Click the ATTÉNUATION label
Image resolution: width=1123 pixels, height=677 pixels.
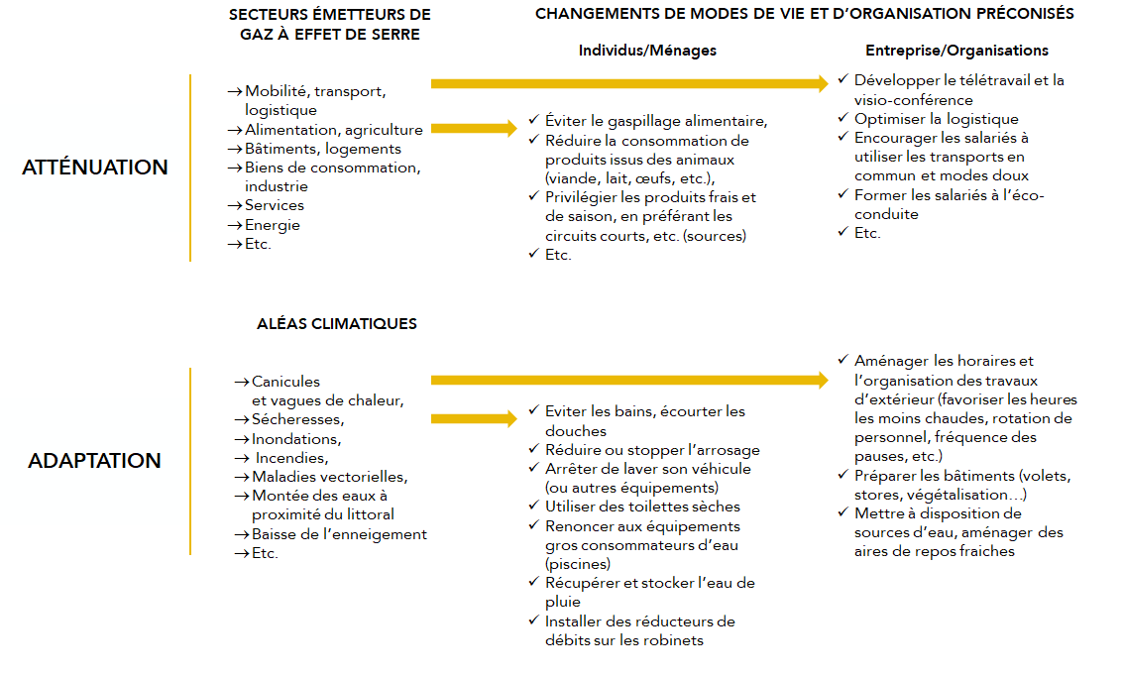point(95,168)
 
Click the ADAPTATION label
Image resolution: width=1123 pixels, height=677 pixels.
point(95,461)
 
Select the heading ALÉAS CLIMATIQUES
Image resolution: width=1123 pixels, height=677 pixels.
point(337,324)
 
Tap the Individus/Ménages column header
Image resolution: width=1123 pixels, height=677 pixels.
point(647,51)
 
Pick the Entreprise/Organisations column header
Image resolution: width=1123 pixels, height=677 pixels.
point(956,51)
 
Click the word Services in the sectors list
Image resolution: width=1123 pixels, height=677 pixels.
point(275,206)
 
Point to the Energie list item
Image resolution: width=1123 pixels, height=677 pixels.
point(273,225)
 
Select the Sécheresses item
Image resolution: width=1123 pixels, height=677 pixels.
point(297,420)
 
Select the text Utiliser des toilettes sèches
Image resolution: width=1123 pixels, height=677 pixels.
point(642,507)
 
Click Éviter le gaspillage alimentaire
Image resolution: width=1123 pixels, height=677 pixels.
point(656,121)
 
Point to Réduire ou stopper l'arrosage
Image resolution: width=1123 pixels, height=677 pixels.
point(652,450)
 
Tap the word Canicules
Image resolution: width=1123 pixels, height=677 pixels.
point(285,382)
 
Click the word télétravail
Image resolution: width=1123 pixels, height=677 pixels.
point(984,80)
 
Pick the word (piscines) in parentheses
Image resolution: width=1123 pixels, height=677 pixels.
point(578,564)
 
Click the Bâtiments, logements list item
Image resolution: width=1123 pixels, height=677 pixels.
point(323,149)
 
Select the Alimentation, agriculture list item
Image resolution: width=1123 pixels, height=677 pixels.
point(334,130)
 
